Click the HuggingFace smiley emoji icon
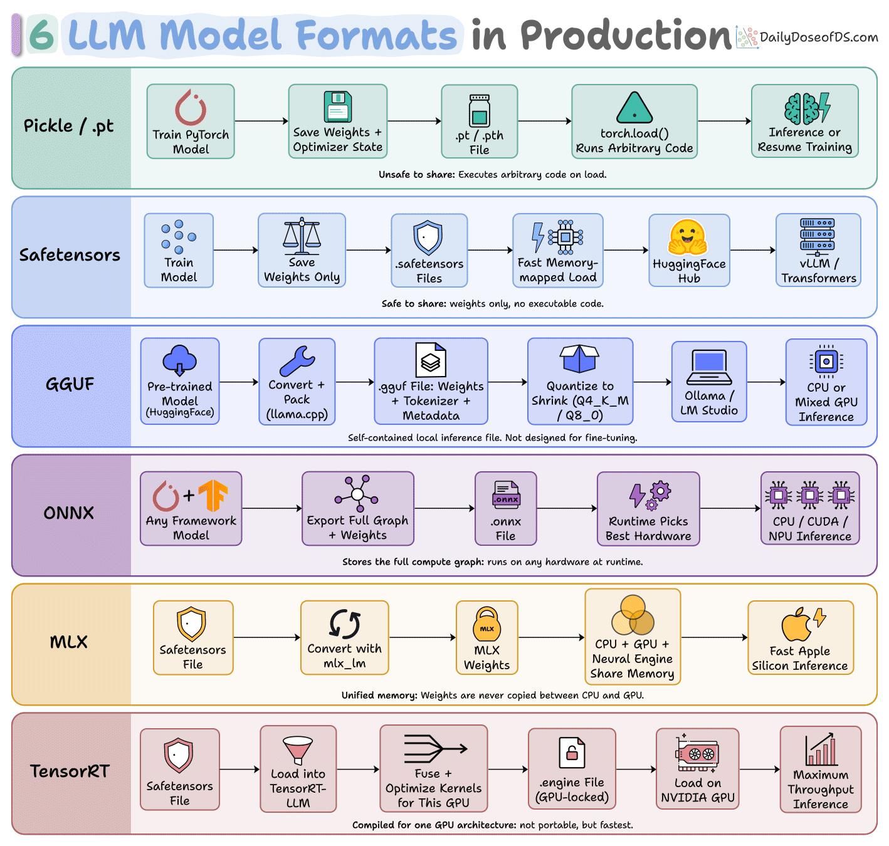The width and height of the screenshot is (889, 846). [687, 238]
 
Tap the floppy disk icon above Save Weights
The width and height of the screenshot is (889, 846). [337, 107]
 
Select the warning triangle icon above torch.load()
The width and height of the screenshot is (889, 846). [634, 108]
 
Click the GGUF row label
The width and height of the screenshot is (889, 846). [70, 384]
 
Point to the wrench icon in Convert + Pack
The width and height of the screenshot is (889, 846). [297, 362]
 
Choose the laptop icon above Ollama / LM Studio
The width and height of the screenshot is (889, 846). [708, 367]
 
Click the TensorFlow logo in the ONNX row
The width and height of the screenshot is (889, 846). [213, 495]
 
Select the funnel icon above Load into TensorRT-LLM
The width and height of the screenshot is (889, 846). [298, 749]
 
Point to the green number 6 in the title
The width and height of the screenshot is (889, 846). [41, 35]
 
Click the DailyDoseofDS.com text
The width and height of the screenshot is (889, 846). [818, 37]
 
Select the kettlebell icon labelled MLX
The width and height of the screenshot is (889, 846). [487, 624]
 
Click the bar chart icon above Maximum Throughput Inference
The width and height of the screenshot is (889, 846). [820, 749]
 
